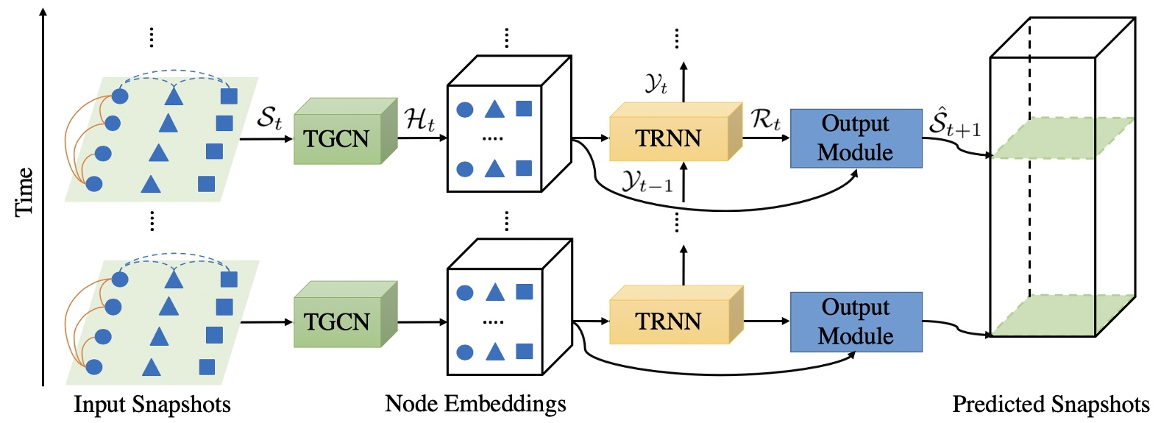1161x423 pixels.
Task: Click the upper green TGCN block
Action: tap(338, 138)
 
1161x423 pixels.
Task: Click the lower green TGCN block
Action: tap(338, 321)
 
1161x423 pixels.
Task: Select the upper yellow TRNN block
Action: tap(669, 138)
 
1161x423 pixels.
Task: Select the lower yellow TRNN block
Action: tap(669, 321)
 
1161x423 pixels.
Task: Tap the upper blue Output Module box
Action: tap(856, 138)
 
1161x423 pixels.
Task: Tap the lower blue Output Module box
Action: tap(856, 321)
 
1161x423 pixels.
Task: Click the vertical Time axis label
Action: tap(24, 191)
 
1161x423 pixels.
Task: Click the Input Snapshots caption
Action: tap(152, 405)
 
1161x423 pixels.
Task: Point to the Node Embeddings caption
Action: tap(475, 404)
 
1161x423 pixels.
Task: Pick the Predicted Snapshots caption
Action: tap(1051, 405)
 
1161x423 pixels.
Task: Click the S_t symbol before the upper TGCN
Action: tap(269, 118)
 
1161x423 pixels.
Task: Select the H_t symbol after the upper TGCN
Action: tap(420, 118)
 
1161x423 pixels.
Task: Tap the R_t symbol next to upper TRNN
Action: tap(765, 118)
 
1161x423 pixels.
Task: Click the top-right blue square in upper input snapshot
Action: tap(229, 96)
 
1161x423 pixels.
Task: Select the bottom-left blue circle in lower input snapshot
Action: tap(94, 366)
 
